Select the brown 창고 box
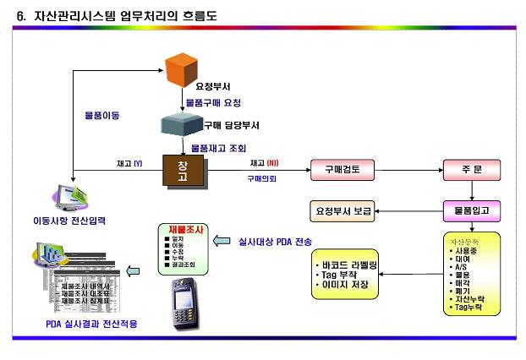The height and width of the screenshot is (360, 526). click(x=184, y=171)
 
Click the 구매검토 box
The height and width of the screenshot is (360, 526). click(x=342, y=168)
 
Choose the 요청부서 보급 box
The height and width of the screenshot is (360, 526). click(x=343, y=210)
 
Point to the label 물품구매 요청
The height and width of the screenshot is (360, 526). click(x=214, y=103)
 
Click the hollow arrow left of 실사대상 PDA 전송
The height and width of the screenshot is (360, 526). click(x=220, y=241)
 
